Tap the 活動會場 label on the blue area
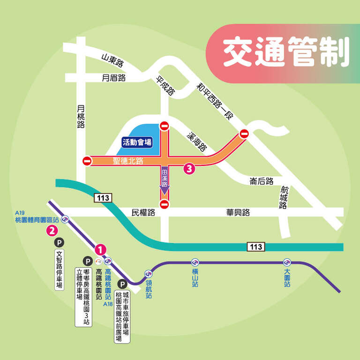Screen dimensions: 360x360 [x=137, y=142]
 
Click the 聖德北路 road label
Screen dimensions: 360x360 [x=128, y=161]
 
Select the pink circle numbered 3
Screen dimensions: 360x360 [x=189, y=169]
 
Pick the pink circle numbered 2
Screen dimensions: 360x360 [x=52, y=231]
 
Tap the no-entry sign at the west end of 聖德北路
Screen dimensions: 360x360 [x=87, y=161]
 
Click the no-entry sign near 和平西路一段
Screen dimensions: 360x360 [x=244, y=134]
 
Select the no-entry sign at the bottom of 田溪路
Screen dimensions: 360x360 [x=164, y=204]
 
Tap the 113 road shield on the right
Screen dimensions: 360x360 [x=255, y=247]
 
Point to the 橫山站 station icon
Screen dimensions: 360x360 [x=195, y=262]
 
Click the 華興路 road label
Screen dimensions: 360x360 [x=238, y=212]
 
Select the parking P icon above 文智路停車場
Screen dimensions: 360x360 [x=59, y=242]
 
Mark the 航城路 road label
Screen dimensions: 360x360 [x=284, y=197]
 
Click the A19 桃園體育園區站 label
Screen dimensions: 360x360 [x=37, y=217]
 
